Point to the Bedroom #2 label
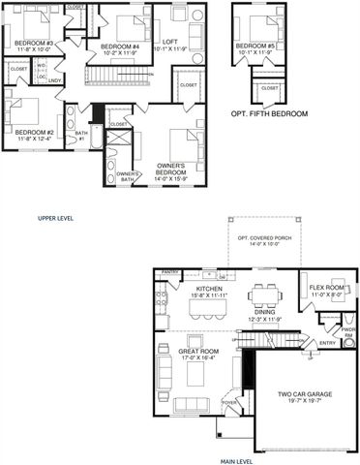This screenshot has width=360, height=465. click(32, 132)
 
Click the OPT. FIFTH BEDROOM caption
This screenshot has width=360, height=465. click(269, 114)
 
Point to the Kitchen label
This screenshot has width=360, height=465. click(210, 289)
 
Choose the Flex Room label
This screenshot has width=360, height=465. click(326, 289)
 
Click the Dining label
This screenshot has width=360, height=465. click(265, 312)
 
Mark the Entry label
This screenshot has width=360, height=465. click(327, 342)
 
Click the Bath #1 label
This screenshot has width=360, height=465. click(81, 136)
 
